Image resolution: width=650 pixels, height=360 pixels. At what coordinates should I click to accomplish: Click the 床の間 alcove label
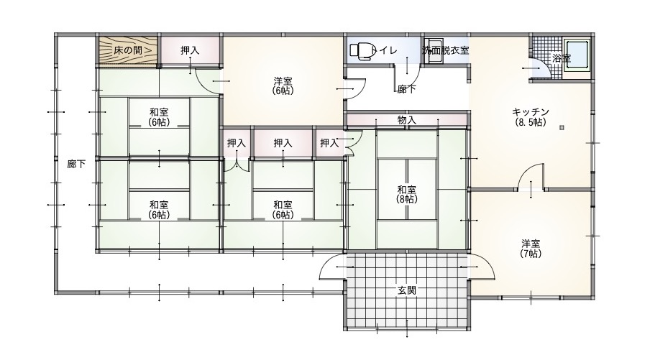(128, 50)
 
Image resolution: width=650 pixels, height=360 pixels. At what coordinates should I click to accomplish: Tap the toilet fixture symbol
(362, 50)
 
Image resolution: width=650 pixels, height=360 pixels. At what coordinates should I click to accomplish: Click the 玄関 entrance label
(407, 290)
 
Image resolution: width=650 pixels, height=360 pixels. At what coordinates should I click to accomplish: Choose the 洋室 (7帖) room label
(531, 248)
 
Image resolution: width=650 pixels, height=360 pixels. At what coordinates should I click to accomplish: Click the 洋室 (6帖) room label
(283, 86)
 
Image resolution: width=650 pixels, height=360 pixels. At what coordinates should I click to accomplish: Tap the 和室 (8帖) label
(407, 194)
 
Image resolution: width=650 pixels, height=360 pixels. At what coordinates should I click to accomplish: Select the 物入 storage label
(407, 120)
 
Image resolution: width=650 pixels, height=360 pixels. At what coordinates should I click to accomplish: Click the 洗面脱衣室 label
(446, 50)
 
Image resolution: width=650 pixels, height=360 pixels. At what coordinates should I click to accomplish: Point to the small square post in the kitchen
(562, 128)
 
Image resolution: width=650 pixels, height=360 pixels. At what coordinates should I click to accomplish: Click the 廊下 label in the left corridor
(76, 164)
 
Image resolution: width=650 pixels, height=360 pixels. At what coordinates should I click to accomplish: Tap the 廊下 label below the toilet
(406, 88)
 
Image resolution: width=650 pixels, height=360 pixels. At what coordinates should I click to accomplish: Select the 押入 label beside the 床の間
(190, 50)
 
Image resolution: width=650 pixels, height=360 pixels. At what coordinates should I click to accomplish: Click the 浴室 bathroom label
(562, 58)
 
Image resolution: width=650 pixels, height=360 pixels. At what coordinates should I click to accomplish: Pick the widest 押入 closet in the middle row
(283, 143)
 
